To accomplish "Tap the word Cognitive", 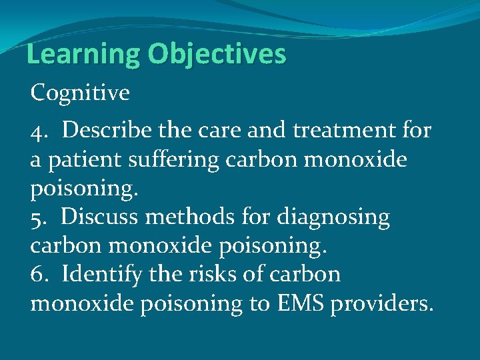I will (80, 93).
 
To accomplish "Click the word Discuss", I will (98, 217).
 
